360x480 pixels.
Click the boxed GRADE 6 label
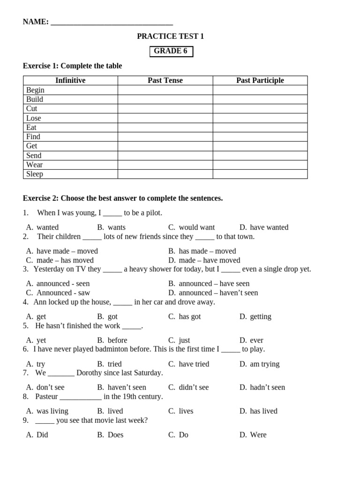click(171, 51)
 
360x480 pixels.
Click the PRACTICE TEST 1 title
click(170, 37)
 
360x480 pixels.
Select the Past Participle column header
click(260, 81)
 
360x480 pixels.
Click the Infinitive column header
click(70, 81)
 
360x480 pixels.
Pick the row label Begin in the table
click(36, 90)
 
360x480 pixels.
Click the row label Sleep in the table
click(35, 174)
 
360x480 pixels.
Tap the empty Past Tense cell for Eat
click(165, 127)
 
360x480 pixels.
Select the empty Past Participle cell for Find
click(260, 137)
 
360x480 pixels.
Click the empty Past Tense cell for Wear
click(165, 165)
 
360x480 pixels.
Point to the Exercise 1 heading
click(72, 66)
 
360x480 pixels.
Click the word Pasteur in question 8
click(46, 397)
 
